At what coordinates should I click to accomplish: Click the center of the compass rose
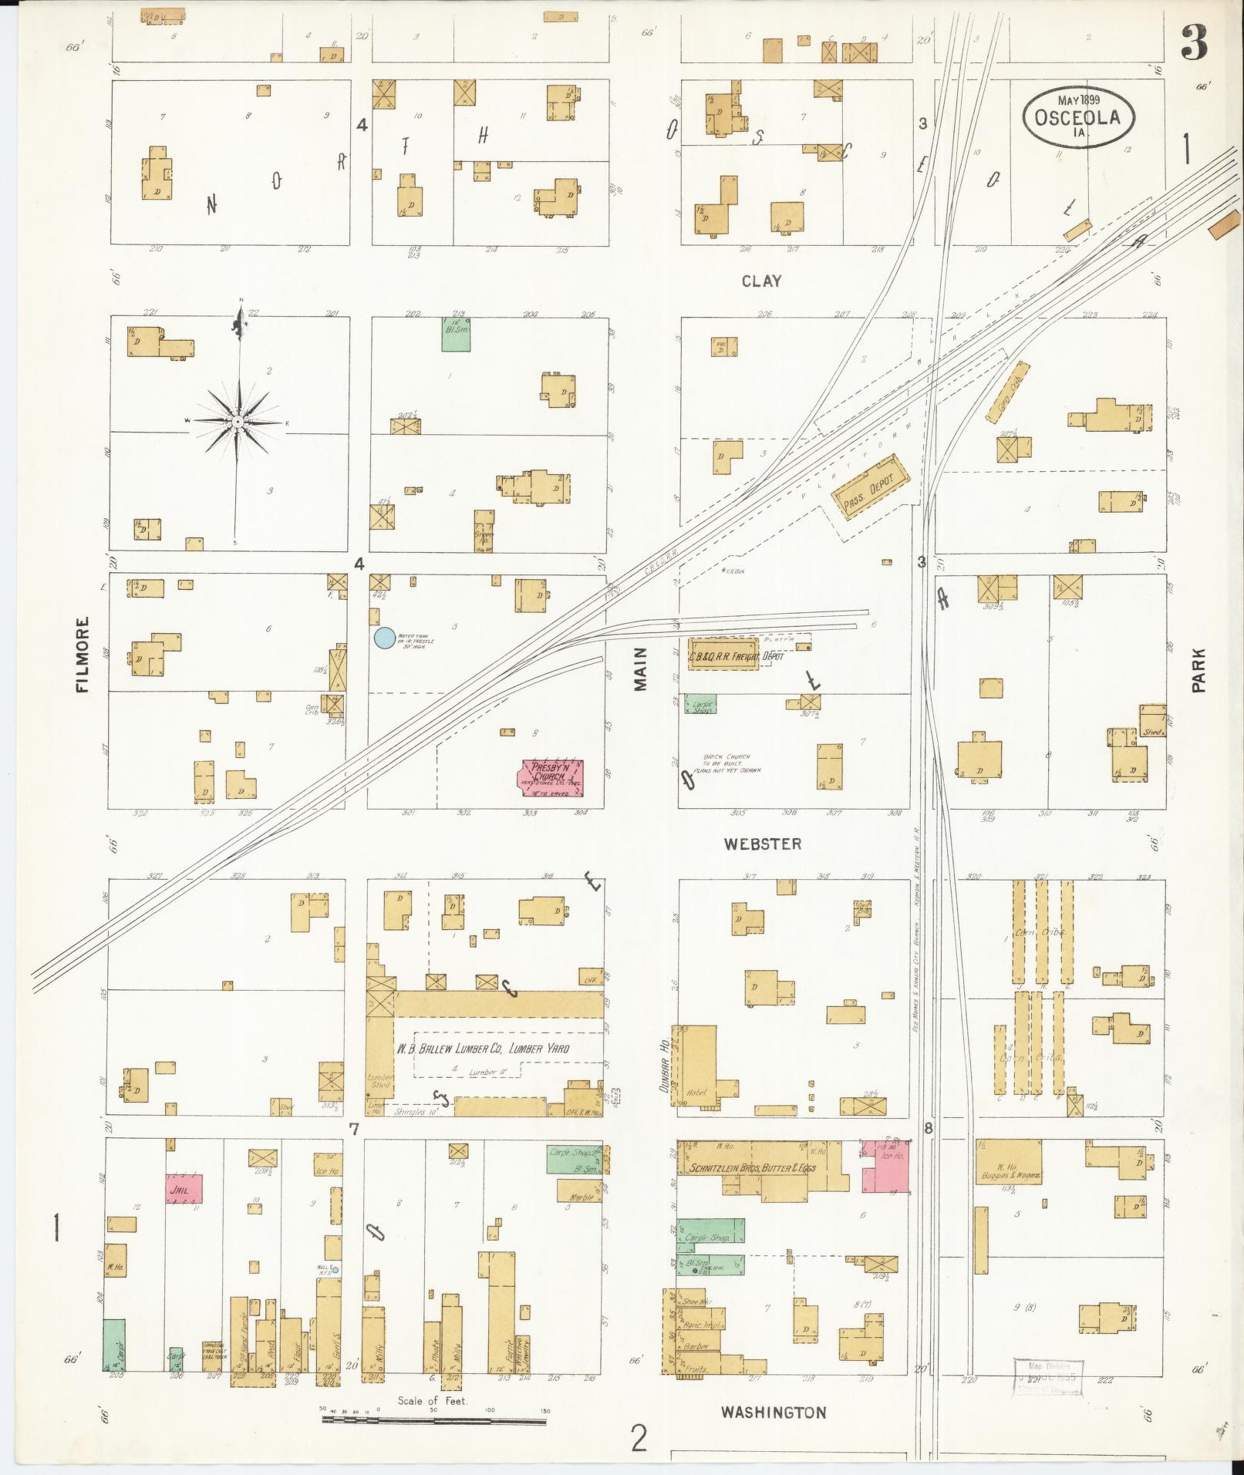tap(238, 422)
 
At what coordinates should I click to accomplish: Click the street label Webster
tap(762, 844)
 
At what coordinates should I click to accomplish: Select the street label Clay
tap(761, 281)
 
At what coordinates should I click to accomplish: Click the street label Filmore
tap(83, 654)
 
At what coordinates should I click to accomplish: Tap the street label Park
tap(1198, 669)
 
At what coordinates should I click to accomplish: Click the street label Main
tap(642, 668)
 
